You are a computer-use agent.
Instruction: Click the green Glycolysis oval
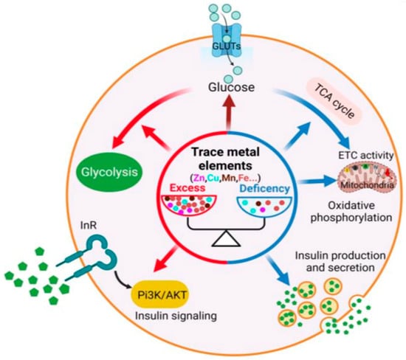coord(109,173)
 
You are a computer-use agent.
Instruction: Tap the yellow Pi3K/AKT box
coord(162,295)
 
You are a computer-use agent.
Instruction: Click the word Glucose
coord(232,87)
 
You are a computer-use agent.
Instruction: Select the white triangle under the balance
coord(226,238)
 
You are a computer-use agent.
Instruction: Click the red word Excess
coord(187,188)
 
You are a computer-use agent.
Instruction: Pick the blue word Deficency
coord(264,188)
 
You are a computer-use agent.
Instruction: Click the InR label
coord(89,226)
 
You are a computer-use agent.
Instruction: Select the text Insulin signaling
coord(176,316)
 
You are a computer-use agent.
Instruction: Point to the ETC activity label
coord(366,156)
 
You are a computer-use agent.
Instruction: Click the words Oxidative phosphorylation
coord(351,212)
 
